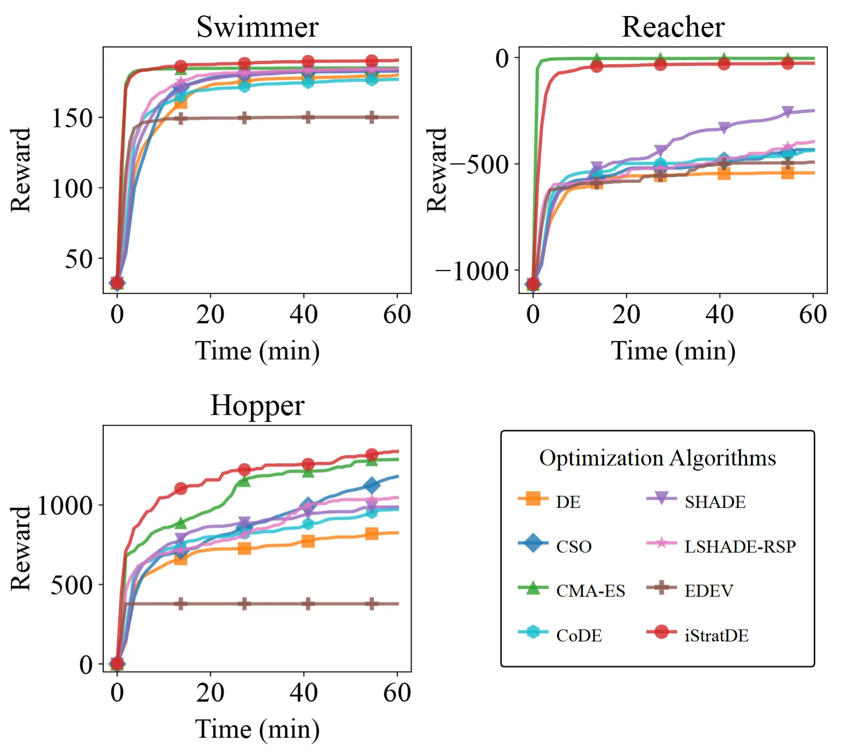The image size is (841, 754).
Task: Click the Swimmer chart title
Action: pyautogui.click(x=257, y=27)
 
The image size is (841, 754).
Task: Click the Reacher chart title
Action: pyautogui.click(x=673, y=27)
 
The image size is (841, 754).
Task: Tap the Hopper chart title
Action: pyautogui.click(x=257, y=405)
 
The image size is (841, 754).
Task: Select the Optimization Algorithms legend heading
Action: pyautogui.click(x=658, y=458)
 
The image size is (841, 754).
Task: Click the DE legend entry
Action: pyautogui.click(x=568, y=502)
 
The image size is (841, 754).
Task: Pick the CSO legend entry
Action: pyautogui.click(x=573, y=546)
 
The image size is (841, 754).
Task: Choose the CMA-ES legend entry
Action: pyautogui.click(x=590, y=591)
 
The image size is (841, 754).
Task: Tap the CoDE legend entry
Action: pyautogui.click(x=578, y=635)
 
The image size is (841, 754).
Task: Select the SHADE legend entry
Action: pyautogui.click(x=715, y=502)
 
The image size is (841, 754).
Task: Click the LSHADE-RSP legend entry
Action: pyautogui.click(x=740, y=546)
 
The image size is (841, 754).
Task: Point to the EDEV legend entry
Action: pyautogui.click(x=709, y=591)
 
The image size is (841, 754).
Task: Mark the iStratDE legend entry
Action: pyautogui.click(x=716, y=635)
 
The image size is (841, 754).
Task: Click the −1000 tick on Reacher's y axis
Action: pyautogui.click(x=472, y=271)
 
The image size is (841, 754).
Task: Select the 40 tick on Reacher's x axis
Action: pyautogui.click(x=719, y=314)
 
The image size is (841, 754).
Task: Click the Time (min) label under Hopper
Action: pyautogui.click(x=257, y=729)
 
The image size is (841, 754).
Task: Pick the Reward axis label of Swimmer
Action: pyautogui.click(x=21, y=170)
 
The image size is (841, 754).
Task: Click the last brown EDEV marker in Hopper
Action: pyautogui.click(x=372, y=604)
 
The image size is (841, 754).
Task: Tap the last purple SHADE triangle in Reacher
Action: pyautogui.click(x=788, y=112)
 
